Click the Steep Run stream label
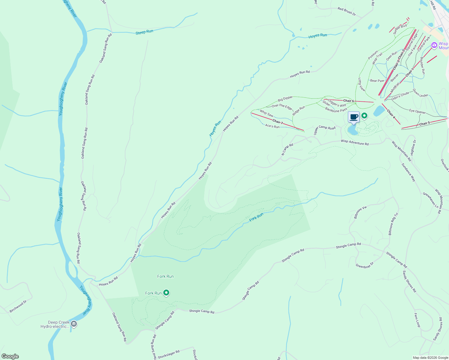[144, 32]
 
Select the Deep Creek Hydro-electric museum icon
[74, 324]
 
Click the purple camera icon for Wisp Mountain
[434, 45]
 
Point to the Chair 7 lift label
[278, 122]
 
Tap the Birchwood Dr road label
[18, 306]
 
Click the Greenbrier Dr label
[364, 265]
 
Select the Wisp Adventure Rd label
[354, 142]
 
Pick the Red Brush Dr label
[346, 11]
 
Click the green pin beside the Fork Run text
[166, 293]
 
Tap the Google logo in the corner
[10, 356]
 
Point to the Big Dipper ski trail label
[285, 98]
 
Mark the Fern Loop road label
[417, 320]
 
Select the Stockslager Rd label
[169, 354]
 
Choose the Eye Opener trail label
[417, 112]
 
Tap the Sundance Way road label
[408, 172]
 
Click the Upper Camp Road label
[324, 130]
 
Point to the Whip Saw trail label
[267, 113]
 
